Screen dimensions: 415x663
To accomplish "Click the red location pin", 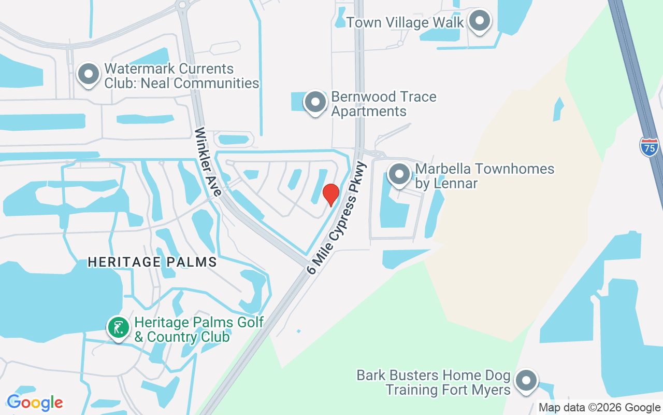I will point(331,194).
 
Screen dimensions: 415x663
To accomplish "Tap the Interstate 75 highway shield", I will point(649,147).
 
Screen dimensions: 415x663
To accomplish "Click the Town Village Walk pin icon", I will point(480,21).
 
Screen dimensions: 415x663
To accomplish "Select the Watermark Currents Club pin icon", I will point(89,74).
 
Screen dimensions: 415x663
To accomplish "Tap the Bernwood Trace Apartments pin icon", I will point(314,103).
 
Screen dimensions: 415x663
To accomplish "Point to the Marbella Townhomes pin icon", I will point(399,175).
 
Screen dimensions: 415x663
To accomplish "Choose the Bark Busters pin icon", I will point(526,381).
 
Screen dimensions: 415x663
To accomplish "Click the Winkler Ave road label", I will point(208,162).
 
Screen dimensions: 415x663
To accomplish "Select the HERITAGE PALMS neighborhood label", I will point(152,262).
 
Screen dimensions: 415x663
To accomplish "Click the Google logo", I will point(35,403).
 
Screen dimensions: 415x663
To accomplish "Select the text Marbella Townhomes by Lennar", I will point(485,176).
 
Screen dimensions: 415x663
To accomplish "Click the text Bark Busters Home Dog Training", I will point(434,382).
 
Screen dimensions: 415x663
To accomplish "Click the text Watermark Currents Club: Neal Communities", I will point(181,76).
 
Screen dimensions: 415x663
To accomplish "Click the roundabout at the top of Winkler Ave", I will point(181,5).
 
